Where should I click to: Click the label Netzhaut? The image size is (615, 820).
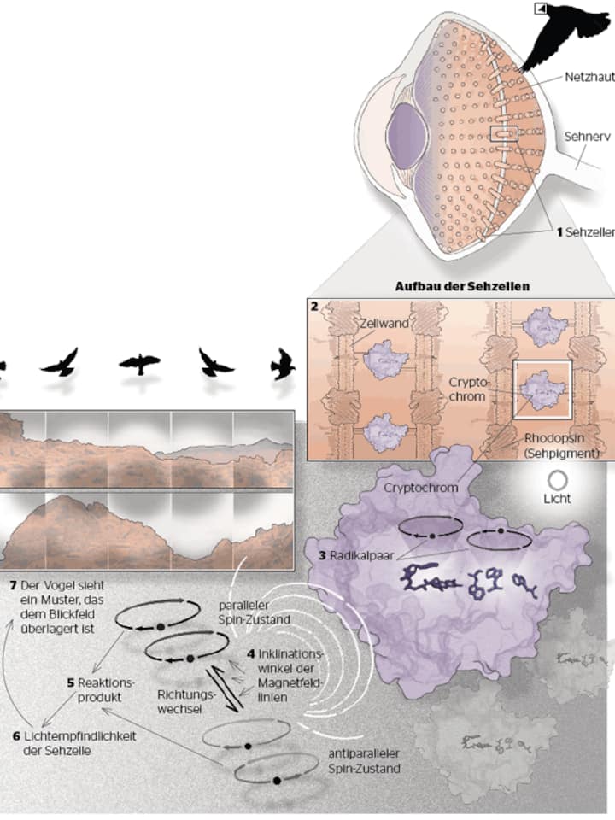(588, 78)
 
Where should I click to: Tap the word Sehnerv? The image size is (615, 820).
(587, 135)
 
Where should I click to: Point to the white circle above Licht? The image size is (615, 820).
(559, 481)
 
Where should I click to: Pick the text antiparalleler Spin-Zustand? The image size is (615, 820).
(365, 761)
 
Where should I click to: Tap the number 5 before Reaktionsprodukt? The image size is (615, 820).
(72, 682)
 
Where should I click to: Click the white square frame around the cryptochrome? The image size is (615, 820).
(542, 389)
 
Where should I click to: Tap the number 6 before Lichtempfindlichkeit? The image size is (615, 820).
(17, 735)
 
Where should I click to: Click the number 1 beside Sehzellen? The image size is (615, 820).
(559, 231)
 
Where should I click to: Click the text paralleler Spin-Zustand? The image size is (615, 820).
(245, 612)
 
